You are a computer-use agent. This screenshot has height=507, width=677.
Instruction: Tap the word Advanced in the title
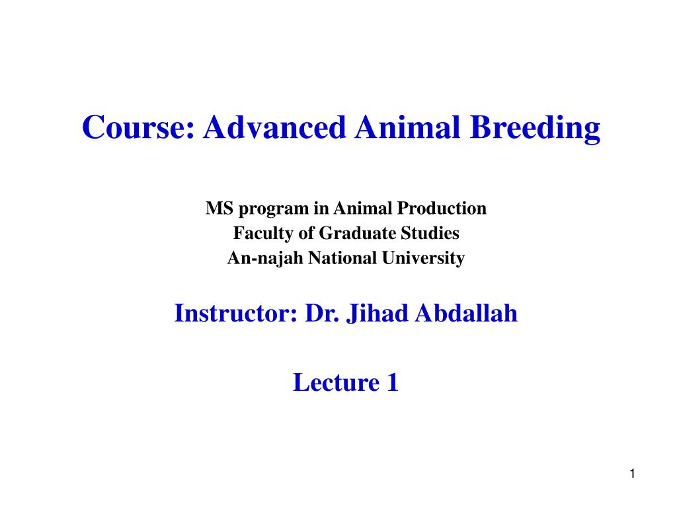(x=274, y=128)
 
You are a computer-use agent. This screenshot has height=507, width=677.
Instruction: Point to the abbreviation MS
(x=219, y=209)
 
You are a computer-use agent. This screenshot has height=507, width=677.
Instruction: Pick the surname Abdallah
(x=466, y=314)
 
